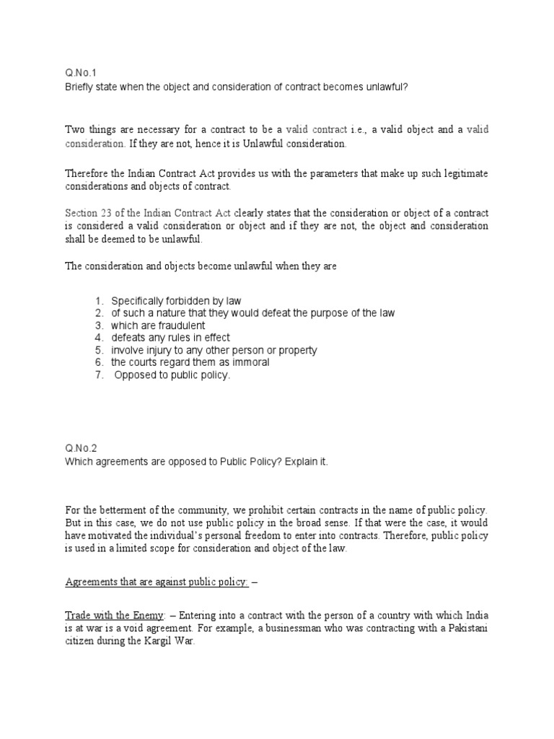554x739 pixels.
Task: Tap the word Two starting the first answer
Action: [76, 130]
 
